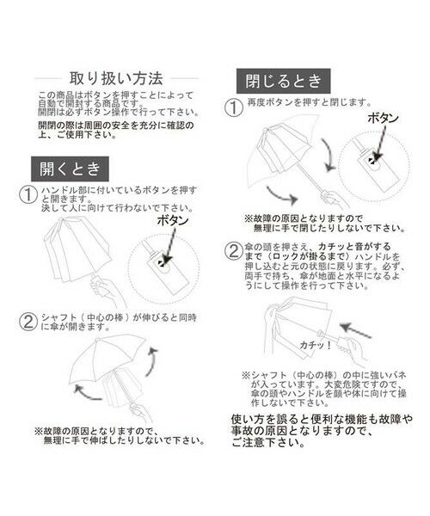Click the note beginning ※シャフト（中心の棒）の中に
(x=317, y=387)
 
